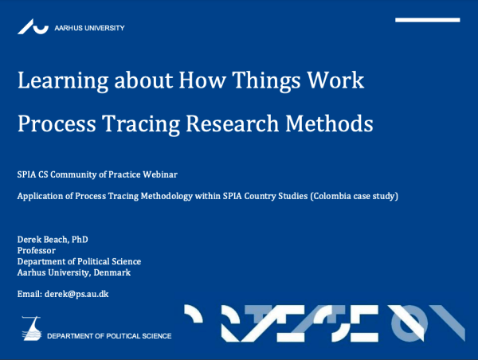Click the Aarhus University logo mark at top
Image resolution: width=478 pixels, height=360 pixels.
click(x=33, y=27)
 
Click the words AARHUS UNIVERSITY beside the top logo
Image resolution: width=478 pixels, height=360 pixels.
click(x=89, y=28)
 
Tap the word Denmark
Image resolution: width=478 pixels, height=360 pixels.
click(x=112, y=272)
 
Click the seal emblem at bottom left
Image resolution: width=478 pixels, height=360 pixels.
click(x=32, y=328)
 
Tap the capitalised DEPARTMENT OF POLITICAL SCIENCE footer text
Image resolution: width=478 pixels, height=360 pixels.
click(x=109, y=336)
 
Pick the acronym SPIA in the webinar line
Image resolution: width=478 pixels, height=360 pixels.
click(x=26, y=173)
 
